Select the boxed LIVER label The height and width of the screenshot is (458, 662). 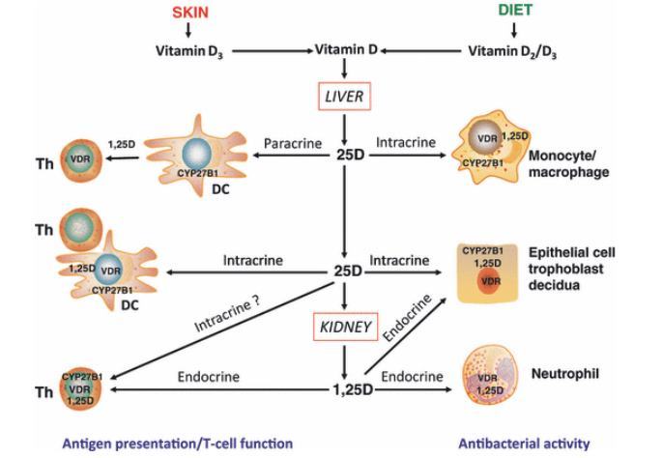[345, 97]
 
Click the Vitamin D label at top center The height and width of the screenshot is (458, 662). [346, 49]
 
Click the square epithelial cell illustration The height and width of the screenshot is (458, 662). [487, 273]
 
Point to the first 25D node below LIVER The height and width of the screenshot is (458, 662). [345, 153]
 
